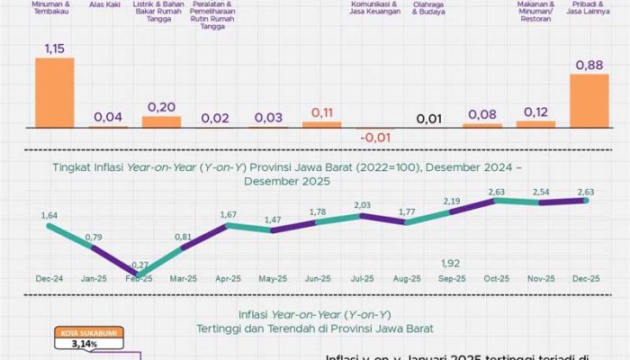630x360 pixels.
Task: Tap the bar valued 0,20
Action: pos(161,121)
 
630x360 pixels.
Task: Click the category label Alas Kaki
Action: pos(107,4)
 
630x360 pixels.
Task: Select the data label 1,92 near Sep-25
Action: pos(452,264)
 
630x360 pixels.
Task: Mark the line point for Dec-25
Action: pos(586,201)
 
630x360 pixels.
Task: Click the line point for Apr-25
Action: pos(229,225)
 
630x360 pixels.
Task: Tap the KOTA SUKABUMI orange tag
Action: pos(88,333)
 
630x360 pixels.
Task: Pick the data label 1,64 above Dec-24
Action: pos(52,215)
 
